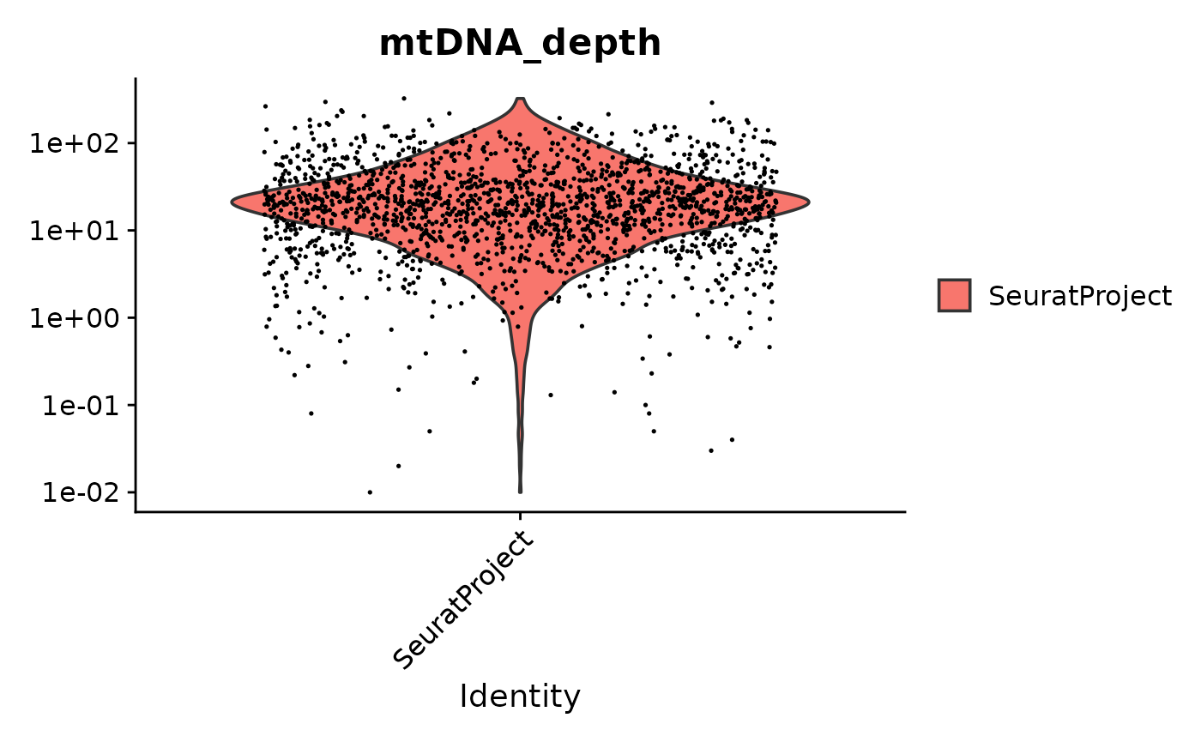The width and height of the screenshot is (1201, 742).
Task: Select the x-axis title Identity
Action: (520, 697)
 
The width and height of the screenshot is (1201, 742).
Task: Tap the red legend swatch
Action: (954, 296)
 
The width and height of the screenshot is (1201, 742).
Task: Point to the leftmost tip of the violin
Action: (232, 202)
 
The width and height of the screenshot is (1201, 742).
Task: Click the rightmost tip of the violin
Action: (808, 202)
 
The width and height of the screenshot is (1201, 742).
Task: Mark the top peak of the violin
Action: (521, 99)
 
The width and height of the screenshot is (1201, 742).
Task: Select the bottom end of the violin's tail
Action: (521, 492)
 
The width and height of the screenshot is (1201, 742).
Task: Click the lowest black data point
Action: (370, 492)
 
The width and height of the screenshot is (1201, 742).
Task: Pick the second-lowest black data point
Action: (399, 466)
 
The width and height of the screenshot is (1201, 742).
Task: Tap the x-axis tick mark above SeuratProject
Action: (521, 516)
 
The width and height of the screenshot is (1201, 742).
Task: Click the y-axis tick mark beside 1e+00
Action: (131, 317)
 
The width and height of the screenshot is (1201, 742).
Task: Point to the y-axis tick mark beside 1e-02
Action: (131, 492)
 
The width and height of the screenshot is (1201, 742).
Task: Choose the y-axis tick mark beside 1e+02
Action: (131, 142)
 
